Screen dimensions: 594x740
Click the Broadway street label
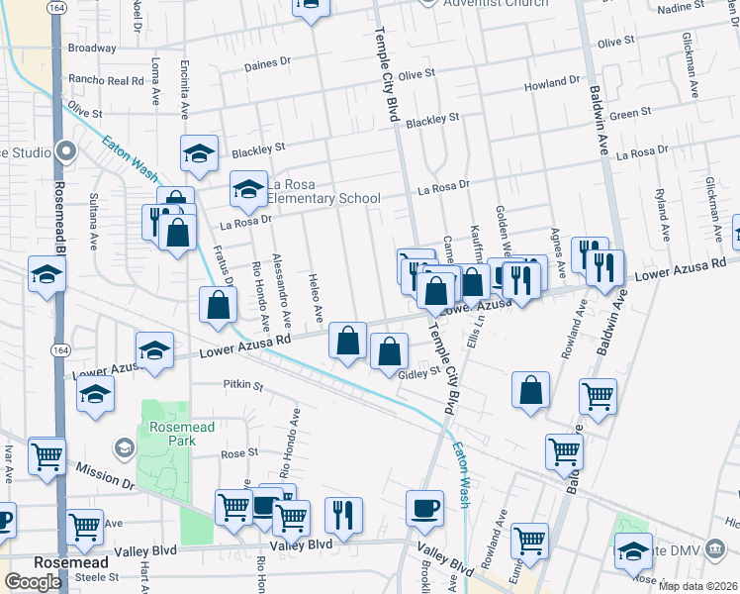(93, 48)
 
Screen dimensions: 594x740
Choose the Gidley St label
(418, 372)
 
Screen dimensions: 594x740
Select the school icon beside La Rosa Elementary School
(248, 187)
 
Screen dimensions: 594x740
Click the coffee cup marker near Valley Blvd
(424, 508)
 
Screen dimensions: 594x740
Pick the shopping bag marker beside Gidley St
(390, 350)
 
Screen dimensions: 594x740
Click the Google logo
(33, 581)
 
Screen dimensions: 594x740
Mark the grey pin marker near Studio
(66, 151)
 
